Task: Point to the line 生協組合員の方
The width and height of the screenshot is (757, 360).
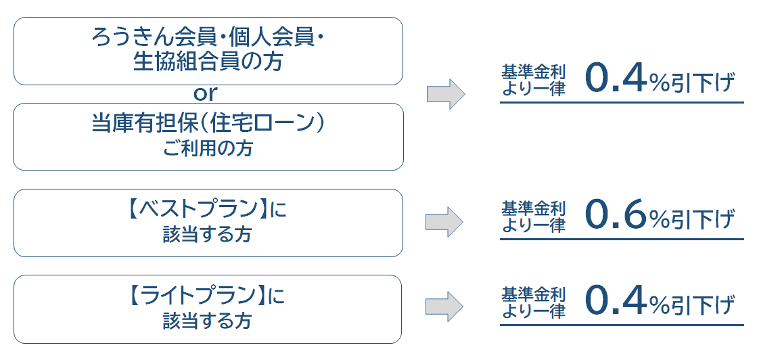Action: tap(208, 62)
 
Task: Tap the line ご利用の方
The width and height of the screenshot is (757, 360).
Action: tap(208, 148)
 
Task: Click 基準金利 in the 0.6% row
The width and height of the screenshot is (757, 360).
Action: tap(533, 208)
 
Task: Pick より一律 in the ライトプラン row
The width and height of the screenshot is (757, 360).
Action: tap(533, 311)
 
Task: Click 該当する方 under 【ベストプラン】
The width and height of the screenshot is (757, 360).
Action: tap(208, 235)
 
